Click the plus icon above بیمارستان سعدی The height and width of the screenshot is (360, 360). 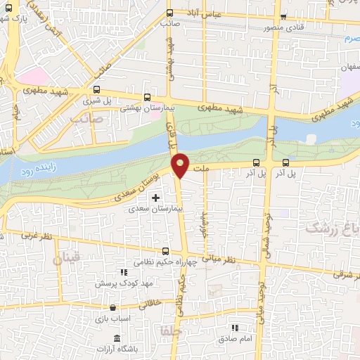coord(155,198)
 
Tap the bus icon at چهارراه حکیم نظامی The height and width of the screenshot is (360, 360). coord(166,251)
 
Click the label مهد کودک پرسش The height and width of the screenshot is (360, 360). coord(121,283)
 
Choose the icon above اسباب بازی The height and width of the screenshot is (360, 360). coord(112,307)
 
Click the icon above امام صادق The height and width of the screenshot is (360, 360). coord(235,328)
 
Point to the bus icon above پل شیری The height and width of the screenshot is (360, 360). coord(96,90)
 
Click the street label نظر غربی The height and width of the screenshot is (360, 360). coord(38,237)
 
